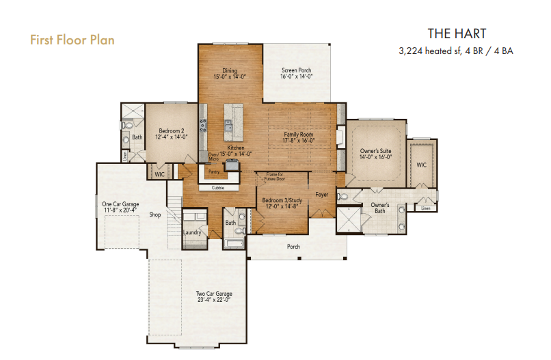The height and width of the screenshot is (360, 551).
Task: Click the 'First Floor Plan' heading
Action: pos(72,40)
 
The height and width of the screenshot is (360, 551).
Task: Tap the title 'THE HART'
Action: pos(457,33)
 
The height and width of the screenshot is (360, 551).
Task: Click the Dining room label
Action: pos(230,73)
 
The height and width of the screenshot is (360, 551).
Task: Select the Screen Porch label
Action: pos(297,73)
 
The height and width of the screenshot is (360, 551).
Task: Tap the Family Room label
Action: pos(299,137)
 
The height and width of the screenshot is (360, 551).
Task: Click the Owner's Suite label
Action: pos(375,154)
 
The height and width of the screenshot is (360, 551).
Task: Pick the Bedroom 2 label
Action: pos(172,134)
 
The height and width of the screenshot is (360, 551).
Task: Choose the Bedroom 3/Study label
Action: pos(282,204)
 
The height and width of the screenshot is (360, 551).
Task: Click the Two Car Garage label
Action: pos(214,296)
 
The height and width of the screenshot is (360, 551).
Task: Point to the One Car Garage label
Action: pos(120,207)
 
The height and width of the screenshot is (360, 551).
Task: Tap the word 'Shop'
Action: pos(155,214)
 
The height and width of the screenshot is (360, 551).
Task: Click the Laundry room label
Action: pos(192,232)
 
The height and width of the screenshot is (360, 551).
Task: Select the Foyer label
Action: pos(321,195)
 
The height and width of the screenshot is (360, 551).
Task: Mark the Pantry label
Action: pos(214,171)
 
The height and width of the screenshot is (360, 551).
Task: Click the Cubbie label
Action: pos(218,188)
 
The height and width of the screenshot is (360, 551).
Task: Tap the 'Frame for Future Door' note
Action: pos(275,177)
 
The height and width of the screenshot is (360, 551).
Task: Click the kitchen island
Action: pos(233,122)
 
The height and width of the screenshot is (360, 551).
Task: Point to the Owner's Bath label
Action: pos(380,208)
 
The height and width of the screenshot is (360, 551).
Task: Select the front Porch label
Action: pos(293,247)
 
